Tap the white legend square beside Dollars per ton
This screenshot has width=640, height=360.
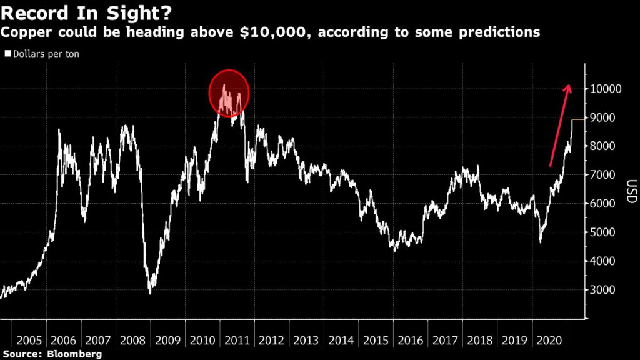pos(7,54)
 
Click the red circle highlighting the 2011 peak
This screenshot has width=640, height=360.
pos(229,93)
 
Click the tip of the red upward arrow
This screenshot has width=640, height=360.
pos(568,86)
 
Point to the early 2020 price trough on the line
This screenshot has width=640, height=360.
pos(540,241)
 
